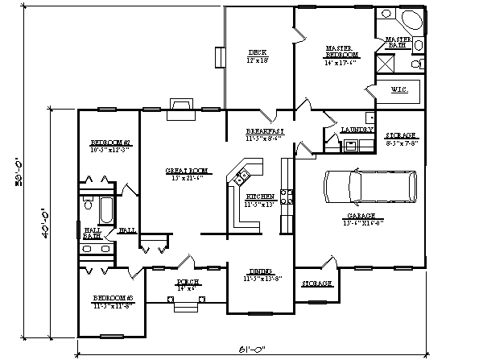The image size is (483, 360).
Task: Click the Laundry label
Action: pyautogui.click(x=357, y=129)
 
